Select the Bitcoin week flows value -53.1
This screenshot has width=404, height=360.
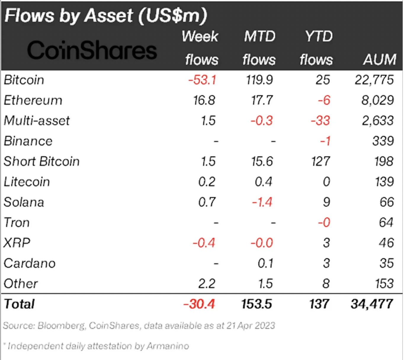[x=202, y=80]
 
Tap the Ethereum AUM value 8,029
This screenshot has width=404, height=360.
[x=377, y=101]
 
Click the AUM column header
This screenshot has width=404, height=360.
[x=379, y=60]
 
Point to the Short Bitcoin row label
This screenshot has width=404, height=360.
[x=42, y=162]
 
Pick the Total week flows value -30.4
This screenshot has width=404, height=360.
[x=199, y=304]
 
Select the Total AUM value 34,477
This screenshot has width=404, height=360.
[x=372, y=304]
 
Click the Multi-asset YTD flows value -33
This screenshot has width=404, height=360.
[x=320, y=121]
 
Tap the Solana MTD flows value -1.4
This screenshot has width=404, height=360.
[x=262, y=203]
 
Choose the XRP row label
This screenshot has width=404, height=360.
[x=17, y=243]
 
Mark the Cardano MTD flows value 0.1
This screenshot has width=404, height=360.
[x=265, y=264]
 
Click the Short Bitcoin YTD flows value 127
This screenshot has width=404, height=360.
[x=320, y=162]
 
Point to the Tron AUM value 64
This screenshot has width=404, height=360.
[x=386, y=223]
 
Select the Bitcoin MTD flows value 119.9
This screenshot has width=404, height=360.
[x=259, y=80]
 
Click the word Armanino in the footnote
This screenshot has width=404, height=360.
[x=168, y=346]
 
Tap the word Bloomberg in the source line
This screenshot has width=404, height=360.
[x=61, y=326]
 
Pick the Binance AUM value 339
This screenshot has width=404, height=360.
[x=383, y=141]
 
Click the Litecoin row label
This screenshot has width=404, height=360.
[x=27, y=182]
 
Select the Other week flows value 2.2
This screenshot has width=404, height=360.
[x=206, y=284]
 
